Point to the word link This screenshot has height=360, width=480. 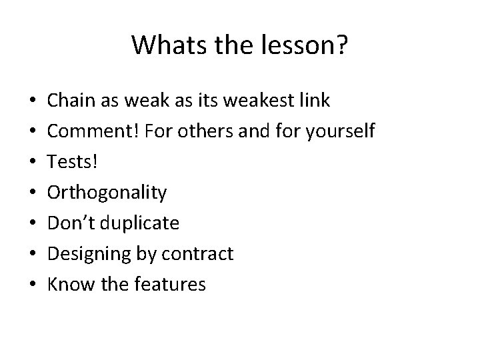pyautogui.click(x=313, y=101)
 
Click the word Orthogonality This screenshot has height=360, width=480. pyautogui.click(x=107, y=193)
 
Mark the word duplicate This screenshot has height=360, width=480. pyautogui.click(x=143, y=223)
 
